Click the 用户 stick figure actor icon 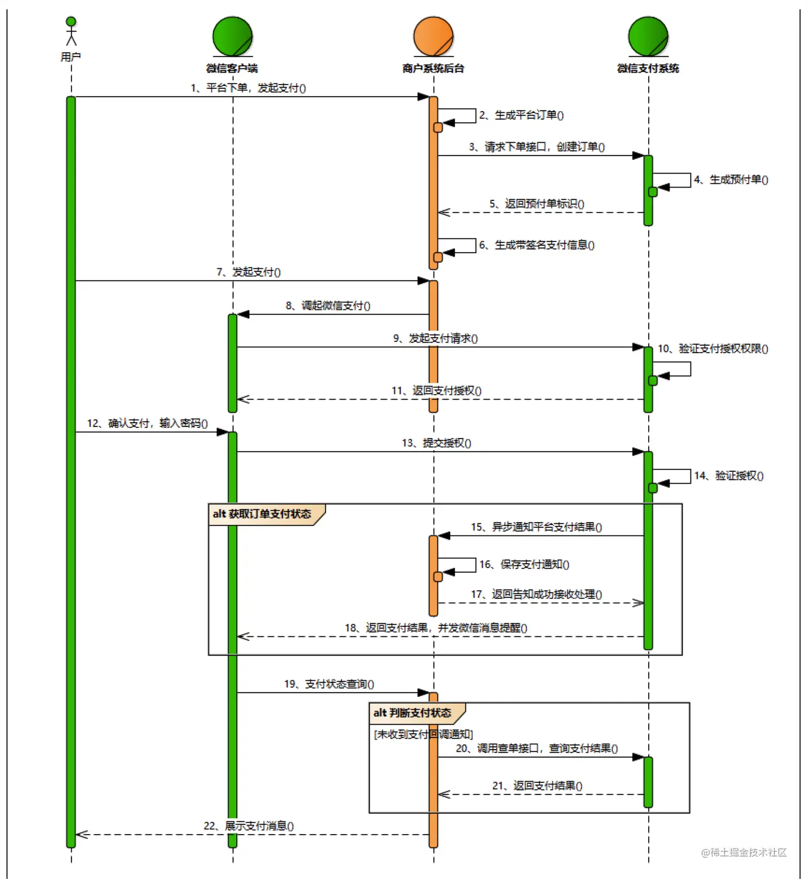71,32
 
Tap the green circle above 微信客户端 232,36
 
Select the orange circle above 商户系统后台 433,36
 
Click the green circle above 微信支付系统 648,36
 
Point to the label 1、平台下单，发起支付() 248,88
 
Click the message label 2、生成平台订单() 522,115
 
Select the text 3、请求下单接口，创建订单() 537,146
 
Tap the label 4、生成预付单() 731,180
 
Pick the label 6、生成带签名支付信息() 537,245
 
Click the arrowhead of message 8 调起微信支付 243,314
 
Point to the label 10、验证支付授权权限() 713,348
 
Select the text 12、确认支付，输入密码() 147,423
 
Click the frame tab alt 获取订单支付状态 262,514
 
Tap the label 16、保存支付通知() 524,564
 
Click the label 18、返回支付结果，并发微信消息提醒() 436,627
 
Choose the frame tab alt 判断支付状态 412,713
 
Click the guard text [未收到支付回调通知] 423,734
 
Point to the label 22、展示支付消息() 248,826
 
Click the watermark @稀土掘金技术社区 744,852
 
